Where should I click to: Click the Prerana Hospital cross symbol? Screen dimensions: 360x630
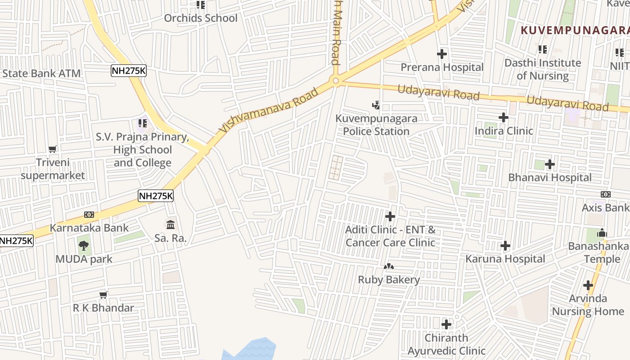[442, 54]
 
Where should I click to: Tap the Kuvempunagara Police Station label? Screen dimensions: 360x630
[376, 125]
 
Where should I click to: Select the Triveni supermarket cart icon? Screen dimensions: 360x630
[53, 149]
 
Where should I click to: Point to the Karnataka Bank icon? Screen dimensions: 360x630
[89, 215]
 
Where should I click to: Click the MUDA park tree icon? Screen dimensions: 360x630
[83, 245]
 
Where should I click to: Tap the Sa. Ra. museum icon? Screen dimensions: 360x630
[171, 225]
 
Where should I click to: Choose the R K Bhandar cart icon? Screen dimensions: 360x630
[103, 295]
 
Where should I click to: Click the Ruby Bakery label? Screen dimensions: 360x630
[389, 279]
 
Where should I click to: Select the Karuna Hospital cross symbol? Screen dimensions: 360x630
[505, 246]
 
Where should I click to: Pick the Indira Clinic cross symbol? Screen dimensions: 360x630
[504, 118]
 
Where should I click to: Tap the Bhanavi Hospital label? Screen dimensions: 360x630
[550, 177]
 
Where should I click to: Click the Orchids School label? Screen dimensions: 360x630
[201, 18]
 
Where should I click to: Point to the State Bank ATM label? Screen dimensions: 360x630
[41, 73]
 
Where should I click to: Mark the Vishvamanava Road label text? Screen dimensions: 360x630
[269, 110]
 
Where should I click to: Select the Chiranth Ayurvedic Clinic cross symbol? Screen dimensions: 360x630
[446, 324]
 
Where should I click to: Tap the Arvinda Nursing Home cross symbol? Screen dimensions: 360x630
[588, 285]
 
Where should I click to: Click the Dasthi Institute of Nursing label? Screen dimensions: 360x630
[543, 69]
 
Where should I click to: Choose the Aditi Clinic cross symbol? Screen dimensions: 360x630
[390, 216]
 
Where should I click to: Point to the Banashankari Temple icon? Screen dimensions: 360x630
[602, 233]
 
